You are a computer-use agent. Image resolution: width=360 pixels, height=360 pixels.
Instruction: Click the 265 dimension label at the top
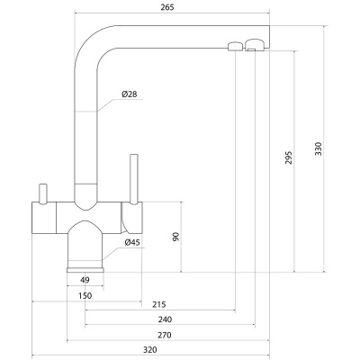tap(167, 7)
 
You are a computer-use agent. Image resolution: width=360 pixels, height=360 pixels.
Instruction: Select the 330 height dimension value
tap(319, 148)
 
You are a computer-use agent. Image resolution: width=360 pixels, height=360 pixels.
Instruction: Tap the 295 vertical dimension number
tap(289, 157)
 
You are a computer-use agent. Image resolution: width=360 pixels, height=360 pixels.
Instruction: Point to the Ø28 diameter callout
tap(130, 94)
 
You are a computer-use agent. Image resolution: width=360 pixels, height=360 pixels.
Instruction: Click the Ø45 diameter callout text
tap(132, 243)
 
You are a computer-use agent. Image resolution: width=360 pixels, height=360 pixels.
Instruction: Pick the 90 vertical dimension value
tap(175, 237)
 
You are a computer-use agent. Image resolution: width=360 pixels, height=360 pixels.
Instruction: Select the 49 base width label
tap(85, 280)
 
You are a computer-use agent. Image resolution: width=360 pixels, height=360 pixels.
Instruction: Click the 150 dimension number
tap(85, 296)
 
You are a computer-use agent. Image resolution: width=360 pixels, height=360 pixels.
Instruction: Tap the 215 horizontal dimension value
tap(159, 305)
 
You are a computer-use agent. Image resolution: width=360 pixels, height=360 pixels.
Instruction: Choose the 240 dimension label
tap(165, 319)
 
